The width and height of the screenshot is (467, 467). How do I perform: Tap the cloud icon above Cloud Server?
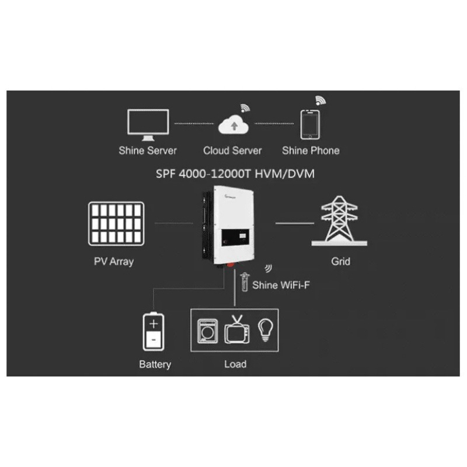232,124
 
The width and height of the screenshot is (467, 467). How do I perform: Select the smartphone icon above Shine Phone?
311,124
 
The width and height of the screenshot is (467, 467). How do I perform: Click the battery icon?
154,331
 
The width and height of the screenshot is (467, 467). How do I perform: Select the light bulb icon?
265,330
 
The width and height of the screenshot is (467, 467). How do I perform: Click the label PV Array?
113,261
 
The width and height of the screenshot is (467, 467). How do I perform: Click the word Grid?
340,261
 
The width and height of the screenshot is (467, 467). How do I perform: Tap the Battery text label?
155,365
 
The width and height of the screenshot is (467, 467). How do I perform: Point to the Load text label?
235,364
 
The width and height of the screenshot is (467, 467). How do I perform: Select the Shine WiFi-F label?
277,285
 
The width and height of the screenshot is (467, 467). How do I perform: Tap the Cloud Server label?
232,151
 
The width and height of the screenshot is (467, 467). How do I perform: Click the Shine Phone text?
311,151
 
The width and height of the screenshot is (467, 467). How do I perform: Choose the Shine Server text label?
148,151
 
